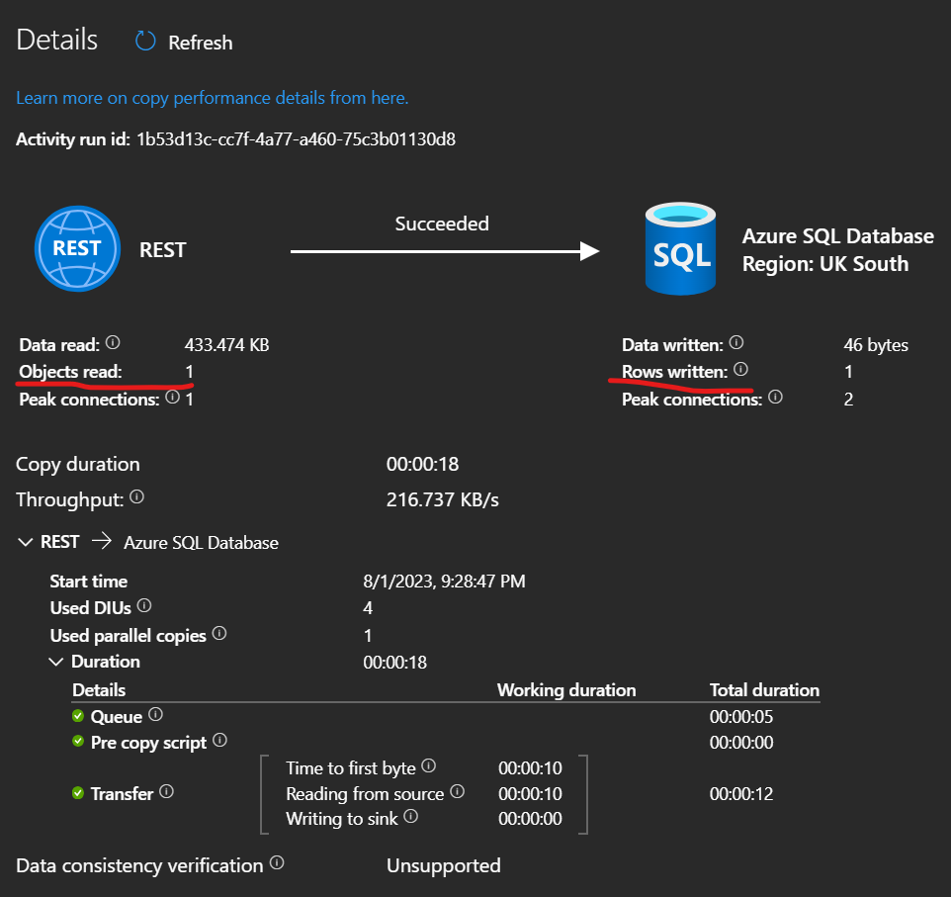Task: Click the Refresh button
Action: point(185,43)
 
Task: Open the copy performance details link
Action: point(212,98)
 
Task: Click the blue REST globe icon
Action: point(77,249)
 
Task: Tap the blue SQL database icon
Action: point(682,249)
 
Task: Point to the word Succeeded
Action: point(442,224)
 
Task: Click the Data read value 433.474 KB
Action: point(226,345)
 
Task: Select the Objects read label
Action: point(70,372)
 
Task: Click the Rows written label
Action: point(674,372)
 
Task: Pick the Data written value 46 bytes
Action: point(876,345)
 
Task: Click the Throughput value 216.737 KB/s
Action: point(442,499)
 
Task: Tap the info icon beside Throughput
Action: point(137,498)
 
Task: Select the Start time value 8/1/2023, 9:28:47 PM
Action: point(444,582)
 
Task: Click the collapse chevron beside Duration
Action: point(56,662)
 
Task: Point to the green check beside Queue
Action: point(78,716)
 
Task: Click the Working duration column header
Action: point(566,689)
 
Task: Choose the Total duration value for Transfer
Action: point(740,793)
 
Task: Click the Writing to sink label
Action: point(342,818)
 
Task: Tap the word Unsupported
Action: point(443,865)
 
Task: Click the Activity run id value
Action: point(296,138)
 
